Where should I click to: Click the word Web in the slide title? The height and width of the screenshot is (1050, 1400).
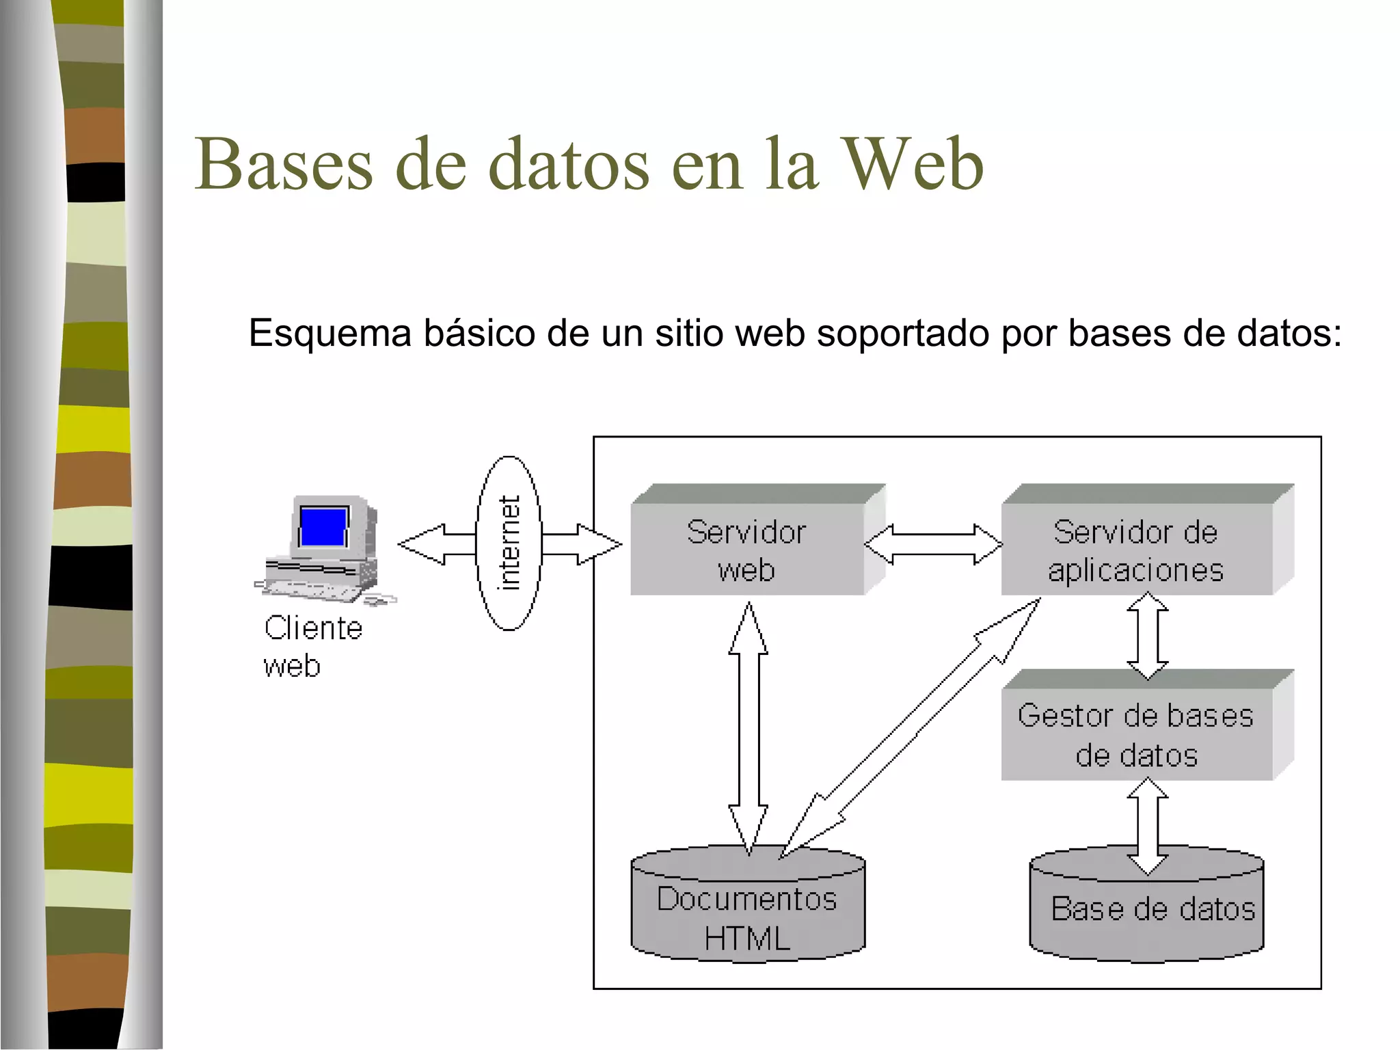point(914,164)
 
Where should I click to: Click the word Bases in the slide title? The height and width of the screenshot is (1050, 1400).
point(284,164)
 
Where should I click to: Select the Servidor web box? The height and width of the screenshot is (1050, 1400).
point(746,550)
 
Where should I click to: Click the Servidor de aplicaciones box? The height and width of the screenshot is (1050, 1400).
point(1136,550)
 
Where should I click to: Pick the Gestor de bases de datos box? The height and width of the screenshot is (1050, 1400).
point(1136,734)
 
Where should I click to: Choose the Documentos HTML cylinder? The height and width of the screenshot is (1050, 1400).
point(748,916)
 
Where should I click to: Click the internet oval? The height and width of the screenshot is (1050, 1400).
point(509,543)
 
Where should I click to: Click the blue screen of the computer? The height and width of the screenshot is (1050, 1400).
point(323,526)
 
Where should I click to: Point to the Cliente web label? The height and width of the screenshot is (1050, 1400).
point(312,646)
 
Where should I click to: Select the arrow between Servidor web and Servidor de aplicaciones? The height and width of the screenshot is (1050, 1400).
point(934,544)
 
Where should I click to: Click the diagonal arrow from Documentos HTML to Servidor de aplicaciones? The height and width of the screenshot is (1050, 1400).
point(909,728)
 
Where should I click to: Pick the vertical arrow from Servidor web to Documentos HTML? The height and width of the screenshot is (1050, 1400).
point(749,728)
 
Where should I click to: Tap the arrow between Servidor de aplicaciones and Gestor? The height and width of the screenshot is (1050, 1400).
point(1147,636)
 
